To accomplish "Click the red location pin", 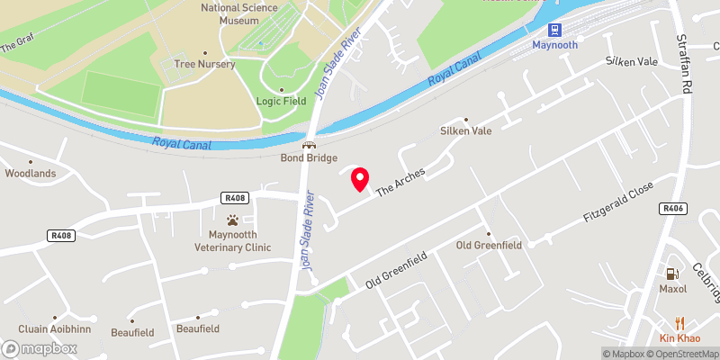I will (360, 178).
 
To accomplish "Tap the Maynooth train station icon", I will (554, 29).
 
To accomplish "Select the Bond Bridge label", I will (308, 157).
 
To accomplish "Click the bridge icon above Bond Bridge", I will (309, 144).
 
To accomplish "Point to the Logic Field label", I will (281, 101).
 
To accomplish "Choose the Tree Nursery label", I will (206, 64).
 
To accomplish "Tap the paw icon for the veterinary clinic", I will (233, 219).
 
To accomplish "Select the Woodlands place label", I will (31, 173).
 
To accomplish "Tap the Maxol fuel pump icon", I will (672, 273).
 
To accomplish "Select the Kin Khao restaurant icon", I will (679, 322).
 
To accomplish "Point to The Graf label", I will (19, 42).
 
